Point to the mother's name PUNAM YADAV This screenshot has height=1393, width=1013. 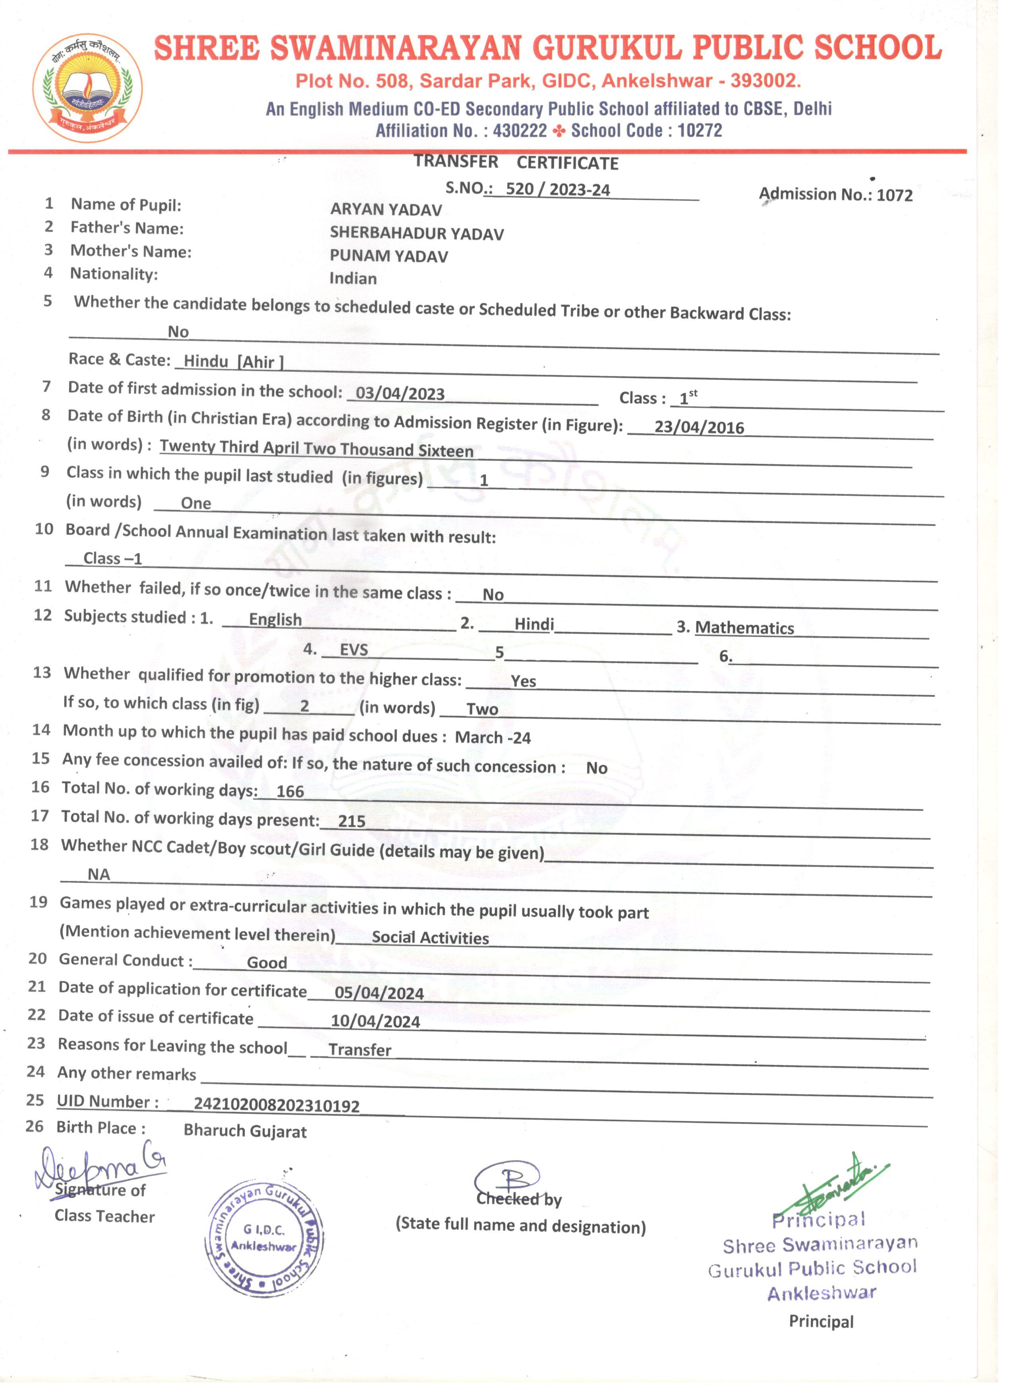pyautogui.click(x=389, y=256)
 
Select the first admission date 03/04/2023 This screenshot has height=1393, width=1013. pyautogui.click(x=400, y=393)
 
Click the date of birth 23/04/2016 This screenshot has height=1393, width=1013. pyautogui.click(x=699, y=427)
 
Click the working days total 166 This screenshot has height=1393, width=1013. pyautogui.click(x=290, y=791)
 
